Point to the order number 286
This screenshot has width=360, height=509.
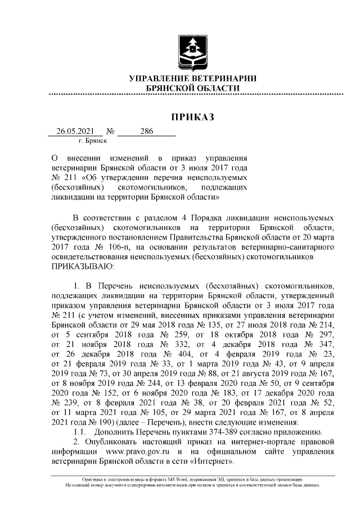147,132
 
